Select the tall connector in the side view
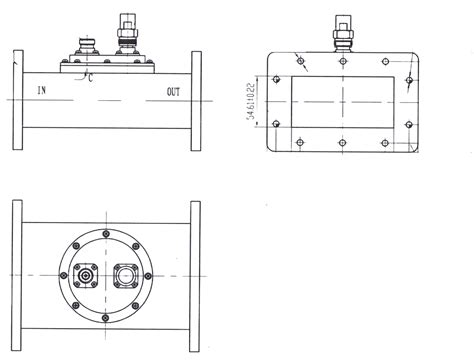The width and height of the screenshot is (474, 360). click(126, 35)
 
